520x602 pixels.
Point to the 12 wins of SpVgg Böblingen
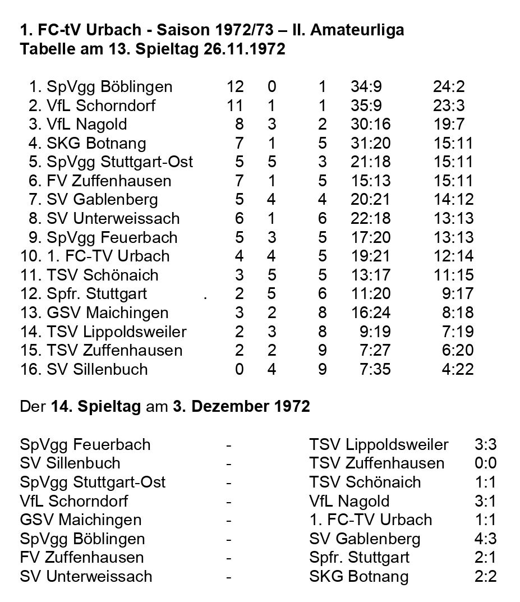[x=235, y=86]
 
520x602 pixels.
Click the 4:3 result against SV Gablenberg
[x=485, y=539]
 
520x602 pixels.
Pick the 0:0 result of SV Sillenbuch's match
[x=485, y=463]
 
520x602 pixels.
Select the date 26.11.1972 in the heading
[x=236, y=49]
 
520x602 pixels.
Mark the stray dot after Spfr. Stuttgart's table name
[x=206, y=297]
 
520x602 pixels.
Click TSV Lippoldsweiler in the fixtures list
[x=379, y=444]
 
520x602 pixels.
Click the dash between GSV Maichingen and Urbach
[x=229, y=520]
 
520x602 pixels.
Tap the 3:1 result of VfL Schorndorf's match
[x=485, y=501]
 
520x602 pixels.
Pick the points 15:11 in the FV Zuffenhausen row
[x=453, y=181]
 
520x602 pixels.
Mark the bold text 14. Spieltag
[x=95, y=406]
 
